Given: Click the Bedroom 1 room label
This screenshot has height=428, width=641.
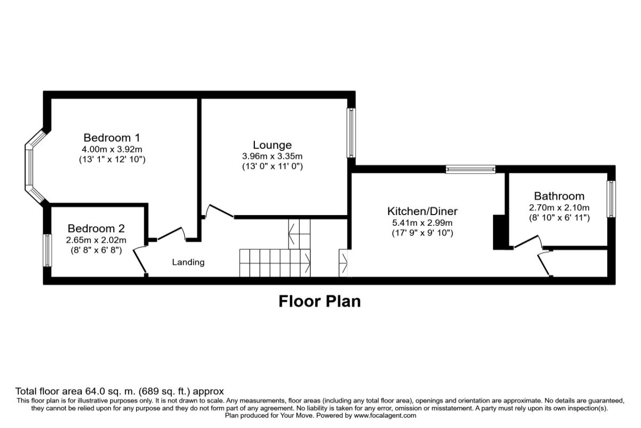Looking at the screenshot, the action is click(112, 138).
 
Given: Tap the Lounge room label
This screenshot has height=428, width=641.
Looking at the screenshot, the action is click(272, 145).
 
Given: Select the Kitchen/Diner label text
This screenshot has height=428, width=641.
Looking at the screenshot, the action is click(423, 211).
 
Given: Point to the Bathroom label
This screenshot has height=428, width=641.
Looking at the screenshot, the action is click(559, 196).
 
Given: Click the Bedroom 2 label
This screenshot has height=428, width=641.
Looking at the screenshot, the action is click(96, 228).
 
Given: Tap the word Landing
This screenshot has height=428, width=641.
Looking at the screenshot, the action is click(188, 262).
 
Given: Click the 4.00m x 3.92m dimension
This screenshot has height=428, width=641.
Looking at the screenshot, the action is click(112, 149).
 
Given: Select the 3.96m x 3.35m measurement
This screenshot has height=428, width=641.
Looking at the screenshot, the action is click(272, 156).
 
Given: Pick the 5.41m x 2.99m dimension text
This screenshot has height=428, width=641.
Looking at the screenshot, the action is click(423, 223).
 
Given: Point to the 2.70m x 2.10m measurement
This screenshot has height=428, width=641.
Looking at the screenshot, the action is click(559, 208).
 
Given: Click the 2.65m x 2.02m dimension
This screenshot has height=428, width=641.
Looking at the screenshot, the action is click(96, 240).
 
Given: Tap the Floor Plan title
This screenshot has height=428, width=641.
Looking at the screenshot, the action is click(319, 301).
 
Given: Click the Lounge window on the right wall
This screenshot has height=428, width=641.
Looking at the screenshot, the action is click(351, 133).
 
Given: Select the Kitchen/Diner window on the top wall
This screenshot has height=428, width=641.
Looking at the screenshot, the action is click(471, 169).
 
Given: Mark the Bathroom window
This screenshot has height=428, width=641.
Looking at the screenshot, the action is click(611, 199).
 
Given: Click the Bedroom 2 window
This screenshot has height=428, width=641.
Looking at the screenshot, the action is click(48, 250).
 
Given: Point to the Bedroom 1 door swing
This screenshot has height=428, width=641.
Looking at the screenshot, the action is click(171, 233).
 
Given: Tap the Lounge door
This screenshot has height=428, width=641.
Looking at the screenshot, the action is click(219, 211).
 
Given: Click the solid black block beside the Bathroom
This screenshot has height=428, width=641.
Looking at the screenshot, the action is click(499, 232).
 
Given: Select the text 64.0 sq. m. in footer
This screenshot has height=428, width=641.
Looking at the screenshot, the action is click(111, 391).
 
